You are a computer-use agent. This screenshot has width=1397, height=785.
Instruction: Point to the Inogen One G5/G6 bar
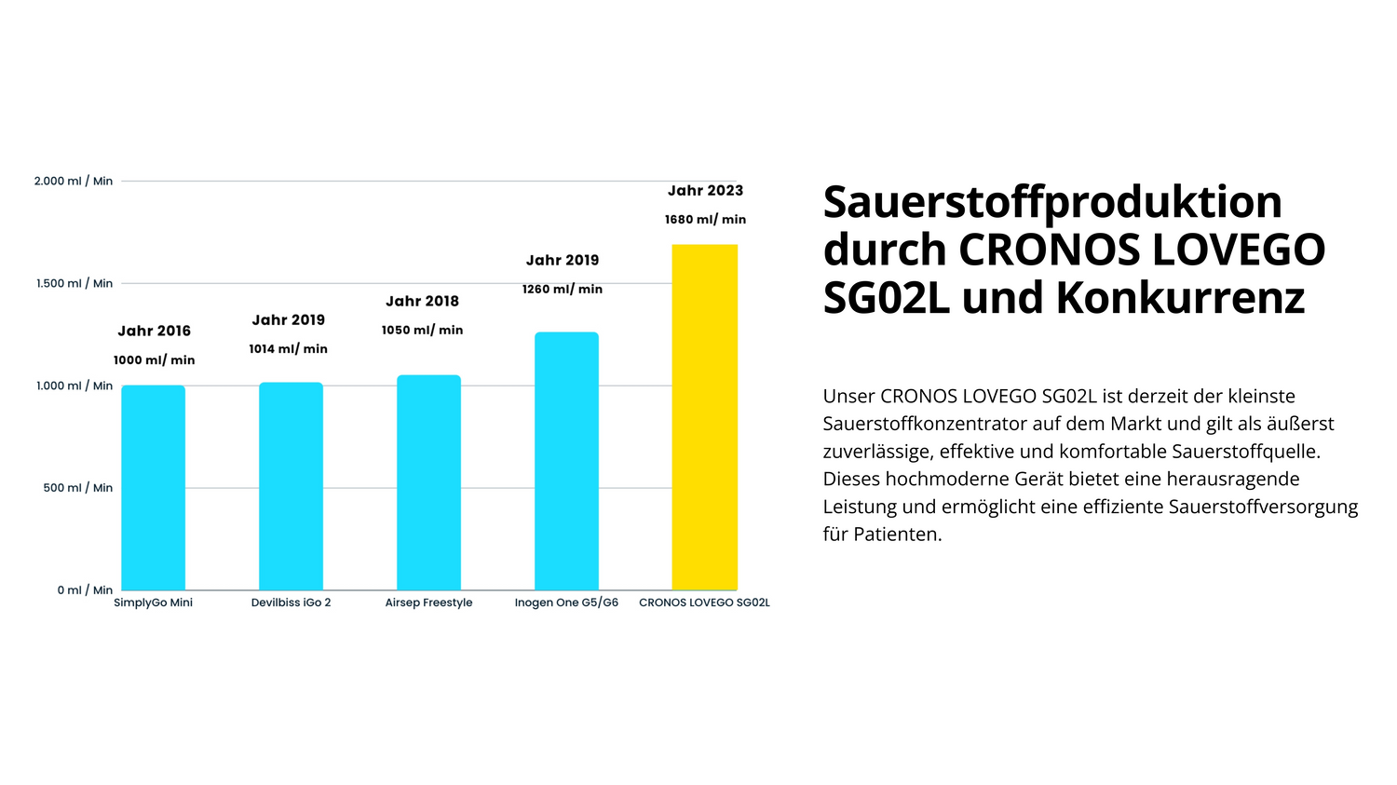(x=566, y=461)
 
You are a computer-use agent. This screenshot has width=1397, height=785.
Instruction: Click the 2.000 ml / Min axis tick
(x=74, y=181)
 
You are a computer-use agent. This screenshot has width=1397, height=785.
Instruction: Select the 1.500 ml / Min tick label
(x=75, y=283)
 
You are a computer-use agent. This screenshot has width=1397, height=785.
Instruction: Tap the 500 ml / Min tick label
(x=77, y=488)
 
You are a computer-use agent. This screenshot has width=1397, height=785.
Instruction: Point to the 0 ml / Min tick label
(x=85, y=590)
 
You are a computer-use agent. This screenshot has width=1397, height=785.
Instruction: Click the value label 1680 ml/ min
(x=705, y=220)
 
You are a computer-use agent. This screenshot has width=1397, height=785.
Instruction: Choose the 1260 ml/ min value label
(x=562, y=290)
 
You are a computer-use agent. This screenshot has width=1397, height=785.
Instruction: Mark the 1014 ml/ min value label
(x=288, y=349)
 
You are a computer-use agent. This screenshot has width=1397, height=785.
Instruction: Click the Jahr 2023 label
(x=705, y=191)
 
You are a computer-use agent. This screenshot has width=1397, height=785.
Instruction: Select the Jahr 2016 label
(x=154, y=332)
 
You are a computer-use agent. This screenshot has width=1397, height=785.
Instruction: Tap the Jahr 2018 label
(x=422, y=302)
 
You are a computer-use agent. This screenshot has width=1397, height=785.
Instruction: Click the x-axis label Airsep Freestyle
(x=428, y=602)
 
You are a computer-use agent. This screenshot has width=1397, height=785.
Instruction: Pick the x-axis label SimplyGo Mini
(x=153, y=602)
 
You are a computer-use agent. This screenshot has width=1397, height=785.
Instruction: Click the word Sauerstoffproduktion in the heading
(x=1052, y=203)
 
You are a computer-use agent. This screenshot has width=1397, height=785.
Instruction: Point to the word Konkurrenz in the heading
(x=1180, y=299)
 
